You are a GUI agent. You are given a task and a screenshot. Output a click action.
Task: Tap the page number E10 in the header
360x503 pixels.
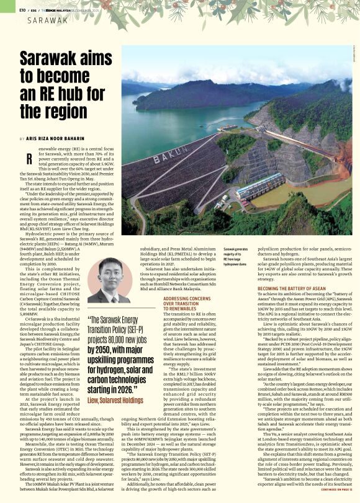point(22,10)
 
